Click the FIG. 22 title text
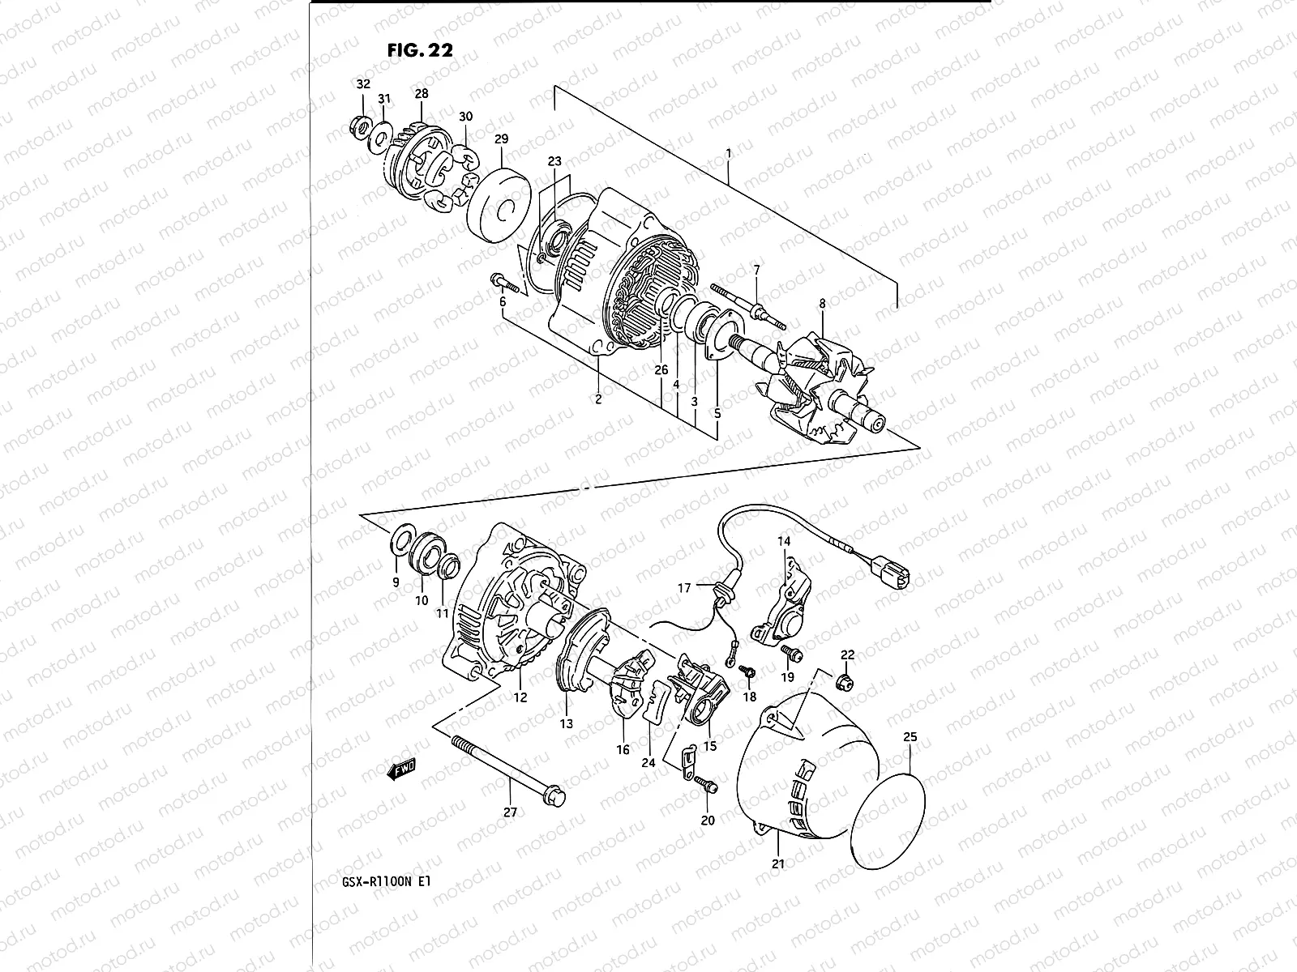[420, 49]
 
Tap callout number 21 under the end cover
[778, 863]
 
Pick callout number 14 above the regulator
[784, 540]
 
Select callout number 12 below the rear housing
[520, 697]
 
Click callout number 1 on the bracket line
[729, 152]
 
